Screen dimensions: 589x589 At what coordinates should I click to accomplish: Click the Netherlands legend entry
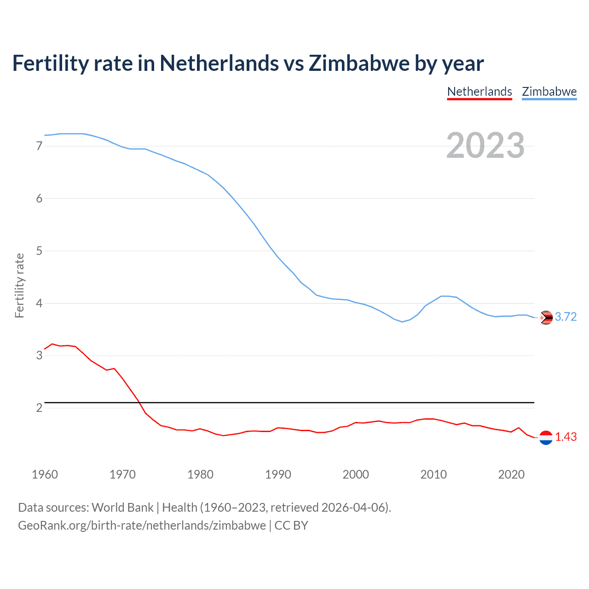[x=479, y=92]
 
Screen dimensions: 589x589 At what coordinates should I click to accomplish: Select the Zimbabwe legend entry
[x=549, y=92]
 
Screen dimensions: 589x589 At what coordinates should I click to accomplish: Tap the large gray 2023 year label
[x=485, y=145]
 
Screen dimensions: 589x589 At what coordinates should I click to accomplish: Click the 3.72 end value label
[x=566, y=317]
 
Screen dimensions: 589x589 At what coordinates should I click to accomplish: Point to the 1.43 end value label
[x=566, y=437]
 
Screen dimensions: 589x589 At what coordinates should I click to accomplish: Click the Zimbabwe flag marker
[x=546, y=318]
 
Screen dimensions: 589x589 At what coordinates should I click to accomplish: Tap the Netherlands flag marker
[x=546, y=438]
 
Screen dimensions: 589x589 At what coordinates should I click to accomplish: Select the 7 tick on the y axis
[x=39, y=146]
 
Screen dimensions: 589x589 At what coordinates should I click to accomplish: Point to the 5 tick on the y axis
[x=39, y=251]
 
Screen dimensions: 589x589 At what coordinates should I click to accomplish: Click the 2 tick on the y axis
[x=39, y=408]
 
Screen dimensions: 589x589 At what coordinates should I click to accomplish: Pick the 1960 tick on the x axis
[x=45, y=474]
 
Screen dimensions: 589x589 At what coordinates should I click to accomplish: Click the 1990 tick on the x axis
[x=278, y=474]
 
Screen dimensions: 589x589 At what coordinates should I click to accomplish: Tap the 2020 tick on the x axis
[x=511, y=474]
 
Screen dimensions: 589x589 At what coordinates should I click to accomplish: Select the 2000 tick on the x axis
[x=356, y=474]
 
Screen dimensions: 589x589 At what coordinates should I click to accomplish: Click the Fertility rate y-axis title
[x=19, y=285]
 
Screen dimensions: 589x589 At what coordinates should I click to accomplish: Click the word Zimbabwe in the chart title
[x=358, y=63]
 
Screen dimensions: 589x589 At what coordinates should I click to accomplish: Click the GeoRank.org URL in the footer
[x=142, y=525]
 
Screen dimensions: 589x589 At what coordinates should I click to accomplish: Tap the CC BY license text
[x=291, y=525]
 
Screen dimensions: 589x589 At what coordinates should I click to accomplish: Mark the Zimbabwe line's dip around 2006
[x=402, y=322]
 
